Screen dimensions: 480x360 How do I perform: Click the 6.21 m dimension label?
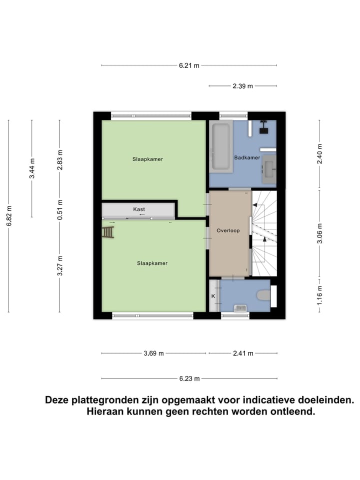(x=189, y=65)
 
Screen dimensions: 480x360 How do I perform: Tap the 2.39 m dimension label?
(x=242, y=86)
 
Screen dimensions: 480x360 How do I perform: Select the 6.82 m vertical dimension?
(x=9, y=216)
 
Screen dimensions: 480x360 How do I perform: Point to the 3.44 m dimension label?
(x=32, y=168)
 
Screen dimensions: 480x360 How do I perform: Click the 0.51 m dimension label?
(x=59, y=210)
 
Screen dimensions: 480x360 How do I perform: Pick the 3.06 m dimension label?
(x=320, y=233)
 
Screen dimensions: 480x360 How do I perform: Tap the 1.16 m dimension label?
(x=320, y=295)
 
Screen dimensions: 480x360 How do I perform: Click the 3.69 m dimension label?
(x=153, y=353)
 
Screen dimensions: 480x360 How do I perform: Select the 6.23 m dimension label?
(x=189, y=378)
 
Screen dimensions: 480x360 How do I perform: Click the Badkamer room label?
(x=247, y=158)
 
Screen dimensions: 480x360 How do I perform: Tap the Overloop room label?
(x=228, y=231)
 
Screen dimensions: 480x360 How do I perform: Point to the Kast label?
(x=139, y=209)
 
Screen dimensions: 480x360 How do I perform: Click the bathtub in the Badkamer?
(x=220, y=145)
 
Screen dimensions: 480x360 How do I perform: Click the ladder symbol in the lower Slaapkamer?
(x=108, y=232)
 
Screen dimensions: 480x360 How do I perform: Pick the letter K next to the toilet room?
(x=213, y=296)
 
